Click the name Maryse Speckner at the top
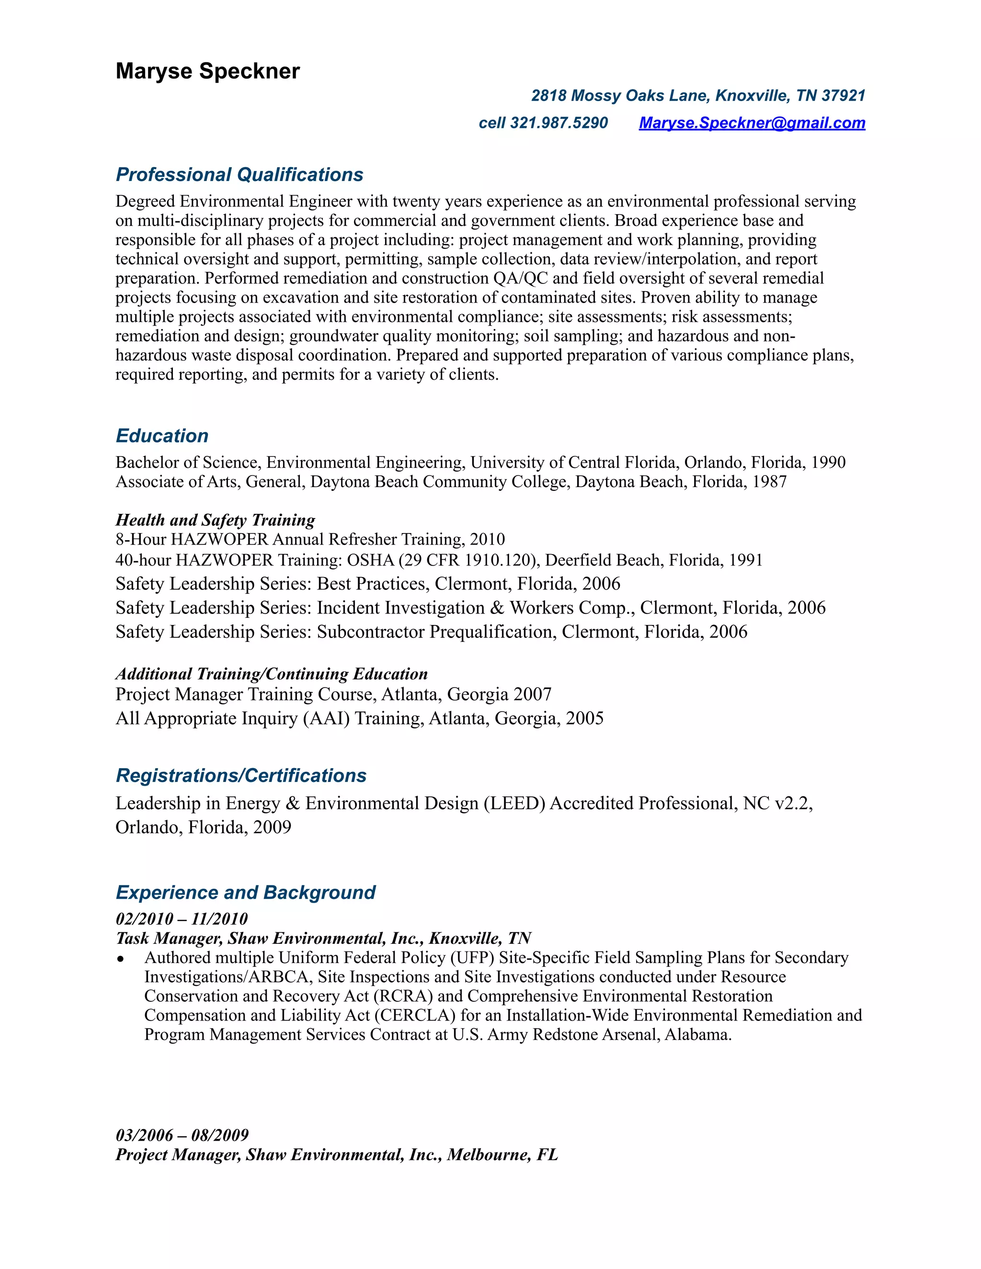point(207,71)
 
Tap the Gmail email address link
point(752,123)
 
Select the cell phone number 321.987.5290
point(559,123)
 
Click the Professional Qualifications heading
point(240,174)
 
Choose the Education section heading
point(162,436)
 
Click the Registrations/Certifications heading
point(241,775)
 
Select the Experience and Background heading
point(245,892)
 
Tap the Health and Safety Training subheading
point(215,520)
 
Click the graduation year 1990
point(828,462)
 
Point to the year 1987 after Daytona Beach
point(769,481)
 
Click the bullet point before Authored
point(120,959)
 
